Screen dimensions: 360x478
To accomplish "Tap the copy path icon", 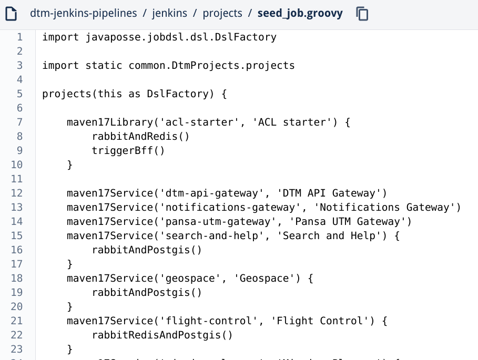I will click(362, 13).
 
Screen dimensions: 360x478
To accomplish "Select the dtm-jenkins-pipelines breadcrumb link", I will click(84, 13).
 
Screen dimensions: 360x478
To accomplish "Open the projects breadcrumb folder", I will click(222, 13).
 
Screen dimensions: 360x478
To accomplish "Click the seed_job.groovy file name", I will click(300, 13).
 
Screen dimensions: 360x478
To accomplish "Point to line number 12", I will click(17, 193).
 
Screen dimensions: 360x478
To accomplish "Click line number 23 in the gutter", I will click(17, 349).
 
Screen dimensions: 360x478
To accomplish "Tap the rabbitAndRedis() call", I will click(140, 136).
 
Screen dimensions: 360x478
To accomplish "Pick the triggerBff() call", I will click(128, 150).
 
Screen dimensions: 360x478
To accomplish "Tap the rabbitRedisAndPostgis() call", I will click(162, 335).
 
